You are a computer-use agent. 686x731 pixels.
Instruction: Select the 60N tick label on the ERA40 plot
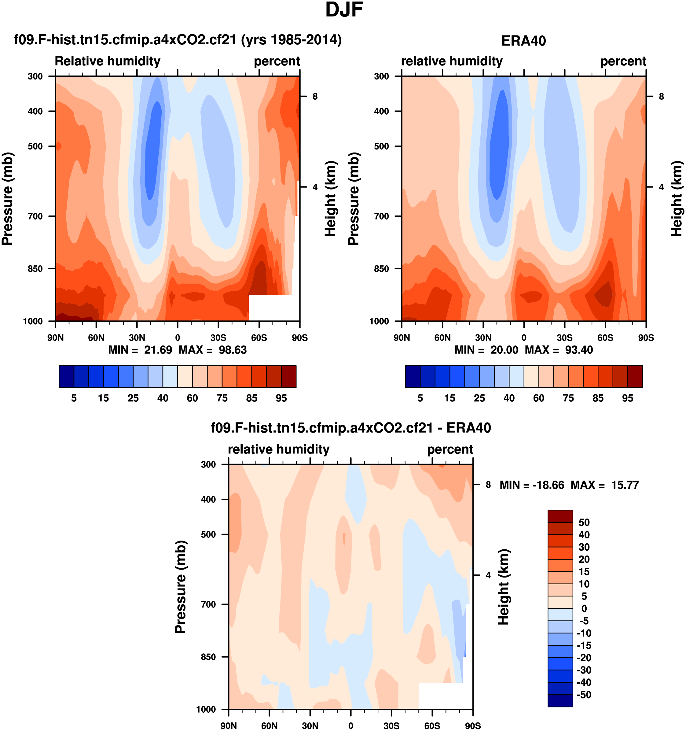click(442, 338)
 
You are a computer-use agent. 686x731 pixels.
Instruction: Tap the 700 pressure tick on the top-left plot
click(35, 216)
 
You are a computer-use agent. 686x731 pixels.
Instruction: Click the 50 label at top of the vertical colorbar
click(584, 522)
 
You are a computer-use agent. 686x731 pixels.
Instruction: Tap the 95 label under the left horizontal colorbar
click(281, 398)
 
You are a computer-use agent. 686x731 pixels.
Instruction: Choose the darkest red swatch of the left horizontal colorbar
click(289, 377)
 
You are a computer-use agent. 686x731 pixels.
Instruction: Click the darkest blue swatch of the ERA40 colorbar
click(413, 377)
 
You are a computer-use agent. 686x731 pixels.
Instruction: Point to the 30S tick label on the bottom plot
click(391, 725)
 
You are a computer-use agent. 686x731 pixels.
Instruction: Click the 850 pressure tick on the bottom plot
click(208, 657)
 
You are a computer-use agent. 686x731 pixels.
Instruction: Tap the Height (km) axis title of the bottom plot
click(503, 587)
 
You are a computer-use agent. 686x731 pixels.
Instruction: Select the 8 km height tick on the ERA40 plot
click(661, 96)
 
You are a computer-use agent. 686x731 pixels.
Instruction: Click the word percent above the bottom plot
click(450, 449)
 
